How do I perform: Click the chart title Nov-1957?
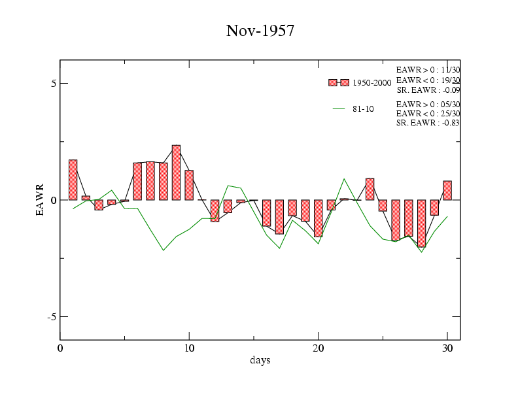260,31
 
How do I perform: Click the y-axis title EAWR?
40,199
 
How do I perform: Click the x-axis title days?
260,360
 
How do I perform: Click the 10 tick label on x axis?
189,348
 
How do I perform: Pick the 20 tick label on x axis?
319,348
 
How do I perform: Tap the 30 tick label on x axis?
447,348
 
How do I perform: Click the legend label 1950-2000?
371,83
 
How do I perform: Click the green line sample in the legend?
339,109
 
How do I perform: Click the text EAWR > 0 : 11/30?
428,70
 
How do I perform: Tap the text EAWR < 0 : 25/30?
428,114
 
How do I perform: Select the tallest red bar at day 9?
176,173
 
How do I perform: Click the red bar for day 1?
73,180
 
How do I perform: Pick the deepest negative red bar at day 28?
421,223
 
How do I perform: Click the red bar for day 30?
447,190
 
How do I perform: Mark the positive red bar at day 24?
370,189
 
